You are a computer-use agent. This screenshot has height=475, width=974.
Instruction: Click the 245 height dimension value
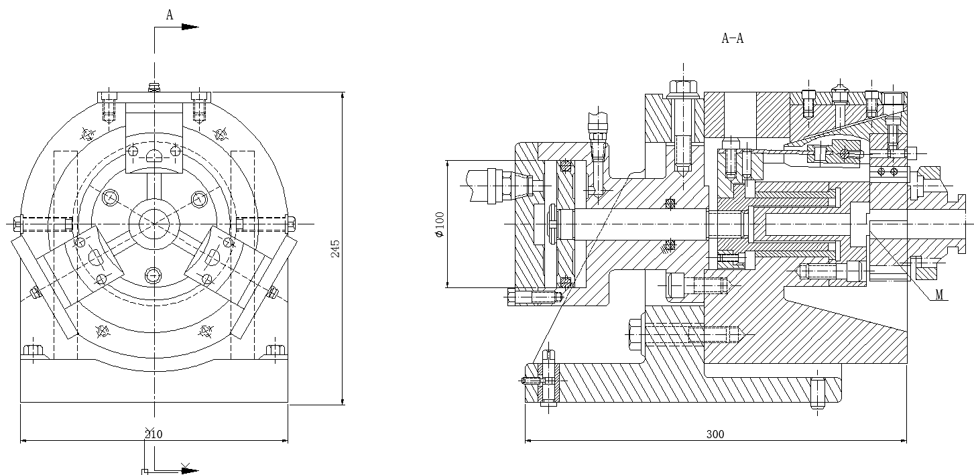point(335,249)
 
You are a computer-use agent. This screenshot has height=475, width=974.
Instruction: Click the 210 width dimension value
point(154,433)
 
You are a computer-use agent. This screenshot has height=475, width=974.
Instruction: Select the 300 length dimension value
point(715,433)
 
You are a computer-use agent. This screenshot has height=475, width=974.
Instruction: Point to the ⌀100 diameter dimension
point(440,224)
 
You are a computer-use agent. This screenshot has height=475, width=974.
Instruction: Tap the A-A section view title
point(733,38)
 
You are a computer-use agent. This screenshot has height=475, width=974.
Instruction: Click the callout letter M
point(939,295)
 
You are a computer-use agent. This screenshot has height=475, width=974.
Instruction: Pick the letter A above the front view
point(170,15)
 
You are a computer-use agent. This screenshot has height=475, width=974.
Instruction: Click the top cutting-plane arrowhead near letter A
point(190,27)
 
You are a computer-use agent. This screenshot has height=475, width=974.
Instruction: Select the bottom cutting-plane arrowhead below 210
point(190,470)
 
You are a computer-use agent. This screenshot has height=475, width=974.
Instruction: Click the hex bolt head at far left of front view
point(17,224)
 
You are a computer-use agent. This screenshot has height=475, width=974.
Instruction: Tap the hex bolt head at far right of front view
point(291,224)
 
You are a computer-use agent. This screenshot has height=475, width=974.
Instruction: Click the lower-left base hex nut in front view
point(34,350)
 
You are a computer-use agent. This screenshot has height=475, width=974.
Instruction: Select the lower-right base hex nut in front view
point(276,350)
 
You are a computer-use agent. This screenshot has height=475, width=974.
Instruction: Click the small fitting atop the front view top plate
point(154,88)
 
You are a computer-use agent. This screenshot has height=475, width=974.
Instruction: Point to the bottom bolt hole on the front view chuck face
point(153,275)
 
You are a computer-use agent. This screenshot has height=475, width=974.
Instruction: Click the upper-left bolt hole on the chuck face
point(110,198)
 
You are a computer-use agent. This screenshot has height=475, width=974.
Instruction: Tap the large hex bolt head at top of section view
point(683,89)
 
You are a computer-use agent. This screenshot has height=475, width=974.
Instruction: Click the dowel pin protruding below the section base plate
point(817,394)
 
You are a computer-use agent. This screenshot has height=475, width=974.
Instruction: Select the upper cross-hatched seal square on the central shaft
point(670,204)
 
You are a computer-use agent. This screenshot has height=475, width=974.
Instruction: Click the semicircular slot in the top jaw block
point(154,155)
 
